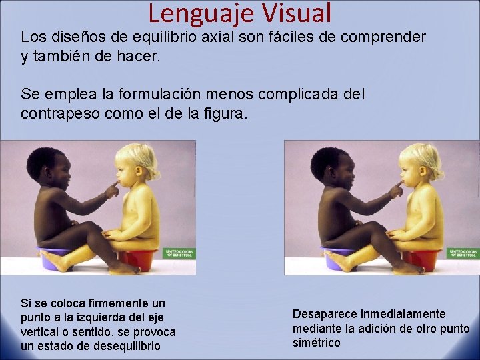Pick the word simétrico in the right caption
pos(317,343)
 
